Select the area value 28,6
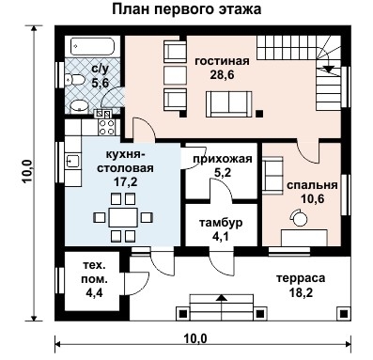pyautogui.click(x=222, y=75)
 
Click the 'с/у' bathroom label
pyautogui.click(x=100, y=69)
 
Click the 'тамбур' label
pyautogui.click(x=222, y=224)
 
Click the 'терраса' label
pyautogui.click(x=300, y=279)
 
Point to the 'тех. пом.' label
pyautogui.click(x=94, y=273)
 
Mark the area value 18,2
pyautogui.click(x=301, y=293)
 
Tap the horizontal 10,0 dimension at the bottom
pyautogui.click(x=194, y=338)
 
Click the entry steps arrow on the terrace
pyautogui.click(x=222, y=299)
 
